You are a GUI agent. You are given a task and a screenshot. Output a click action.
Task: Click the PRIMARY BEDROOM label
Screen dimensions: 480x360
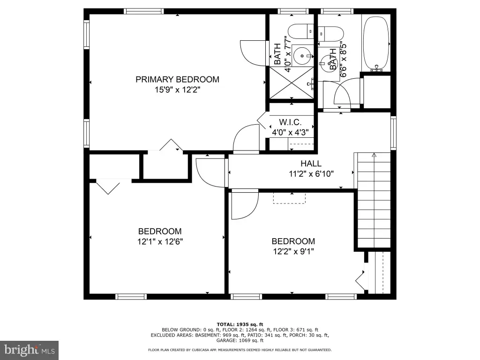pyautogui.click(x=177, y=79)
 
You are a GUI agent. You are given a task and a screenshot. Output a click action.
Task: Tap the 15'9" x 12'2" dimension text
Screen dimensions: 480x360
pyautogui.click(x=177, y=90)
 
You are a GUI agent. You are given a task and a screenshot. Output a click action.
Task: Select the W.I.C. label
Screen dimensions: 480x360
pyautogui.click(x=290, y=122)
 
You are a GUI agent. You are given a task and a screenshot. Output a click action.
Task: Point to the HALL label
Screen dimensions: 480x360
pyautogui.click(x=311, y=164)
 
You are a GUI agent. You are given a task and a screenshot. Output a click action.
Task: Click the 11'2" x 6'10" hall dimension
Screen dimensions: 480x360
pyautogui.click(x=311, y=174)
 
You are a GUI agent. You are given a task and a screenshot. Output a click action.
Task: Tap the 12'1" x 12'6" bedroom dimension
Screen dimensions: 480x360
pyautogui.click(x=160, y=241)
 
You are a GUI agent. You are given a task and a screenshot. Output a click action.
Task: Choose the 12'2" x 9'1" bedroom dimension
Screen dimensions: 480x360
pyautogui.click(x=293, y=251)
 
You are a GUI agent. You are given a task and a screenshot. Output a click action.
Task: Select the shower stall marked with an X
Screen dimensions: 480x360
pyautogui.click(x=292, y=82)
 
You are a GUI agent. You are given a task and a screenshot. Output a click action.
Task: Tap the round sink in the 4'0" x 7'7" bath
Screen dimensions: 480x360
pyautogui.click(x=302, y=56)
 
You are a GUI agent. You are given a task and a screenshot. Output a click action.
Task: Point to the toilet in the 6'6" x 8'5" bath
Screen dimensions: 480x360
pyautogui.click(x=330, y=34)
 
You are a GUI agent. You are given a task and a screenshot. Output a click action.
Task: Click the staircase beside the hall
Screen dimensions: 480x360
pyautogui.click(x=374, y=200)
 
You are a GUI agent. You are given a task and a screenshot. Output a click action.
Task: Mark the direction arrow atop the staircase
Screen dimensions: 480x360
pyautogui.click(x=374, y=155)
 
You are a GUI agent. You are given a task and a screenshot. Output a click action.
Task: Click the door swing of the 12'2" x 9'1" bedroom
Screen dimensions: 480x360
pyautogui.click(x=245, y=204)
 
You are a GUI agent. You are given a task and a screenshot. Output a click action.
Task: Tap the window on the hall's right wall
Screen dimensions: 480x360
pyautogui.click(x=393, y=133)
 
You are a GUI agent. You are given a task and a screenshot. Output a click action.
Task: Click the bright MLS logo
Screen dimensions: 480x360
pyautogui.click(x=30, y=350)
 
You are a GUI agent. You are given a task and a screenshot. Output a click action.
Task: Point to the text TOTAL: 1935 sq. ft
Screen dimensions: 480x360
pyautogui.click(x=240, y=324)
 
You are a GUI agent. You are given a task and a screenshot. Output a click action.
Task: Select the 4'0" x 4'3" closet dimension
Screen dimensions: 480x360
pyautogui.click(x=290, y=133)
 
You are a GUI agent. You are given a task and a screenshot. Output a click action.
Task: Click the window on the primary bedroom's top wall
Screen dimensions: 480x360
pyautogui.click(x=143, y=11)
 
